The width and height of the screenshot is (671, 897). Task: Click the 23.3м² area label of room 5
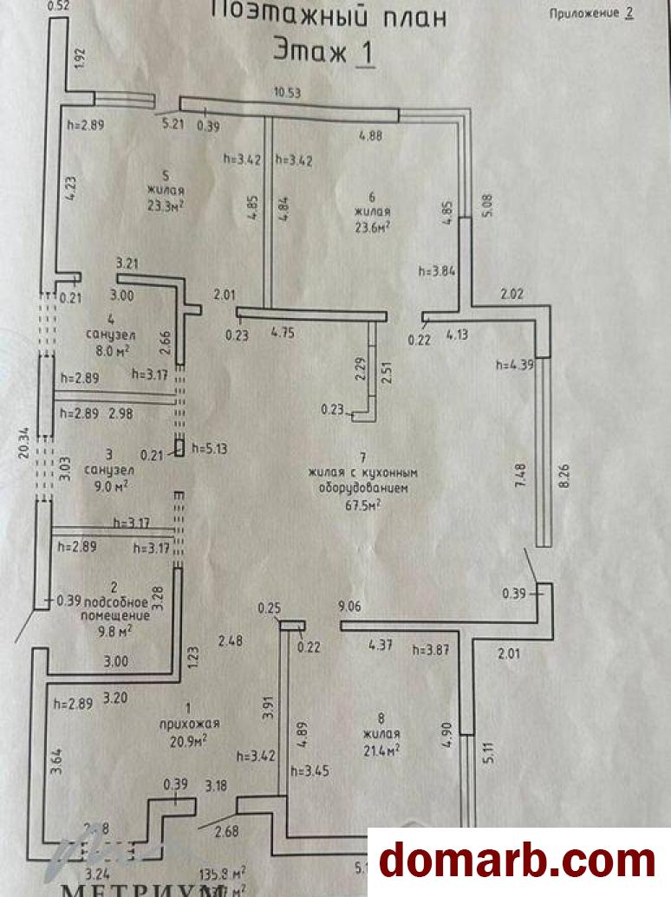click(166, 205)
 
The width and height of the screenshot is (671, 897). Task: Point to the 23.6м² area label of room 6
click(371, 226)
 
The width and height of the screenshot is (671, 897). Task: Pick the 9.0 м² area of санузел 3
click(111, 485)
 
